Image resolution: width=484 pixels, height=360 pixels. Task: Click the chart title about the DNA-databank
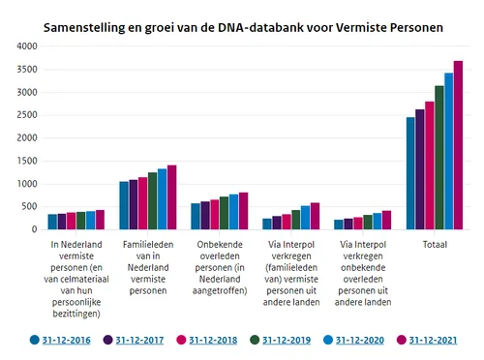(x=243, y=27)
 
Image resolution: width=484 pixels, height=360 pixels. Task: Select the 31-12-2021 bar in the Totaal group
(x=458, y=145)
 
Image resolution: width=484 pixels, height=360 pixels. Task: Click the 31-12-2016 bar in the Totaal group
(x=410, y=173)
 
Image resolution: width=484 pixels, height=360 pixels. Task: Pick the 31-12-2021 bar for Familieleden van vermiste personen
(x=172, y=197)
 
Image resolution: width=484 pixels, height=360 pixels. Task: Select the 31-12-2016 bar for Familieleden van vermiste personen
(x=124, y=205)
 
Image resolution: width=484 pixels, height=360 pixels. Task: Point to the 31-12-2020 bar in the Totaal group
(x=448, y=151)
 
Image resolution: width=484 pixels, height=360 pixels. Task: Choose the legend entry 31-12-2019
(x=285, y=340)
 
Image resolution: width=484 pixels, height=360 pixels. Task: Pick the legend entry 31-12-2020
(x=358, y=340)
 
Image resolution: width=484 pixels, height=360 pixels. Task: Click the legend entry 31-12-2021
(x=432, y=340)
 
